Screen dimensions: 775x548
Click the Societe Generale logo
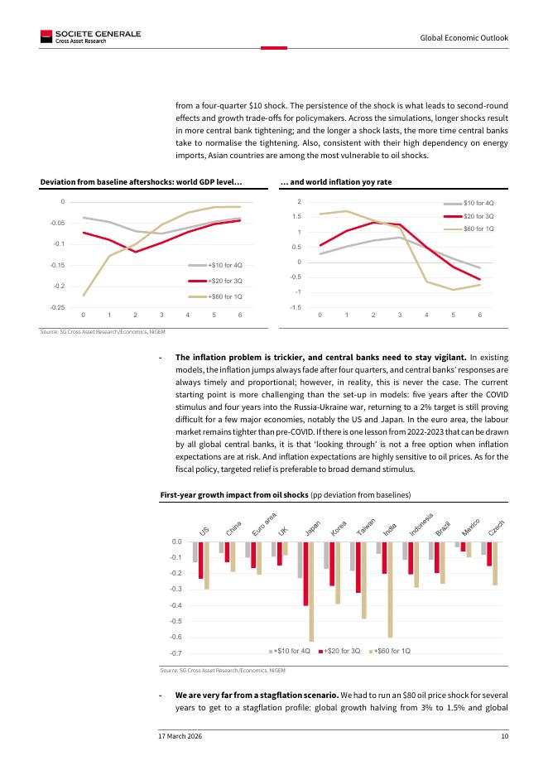pos(90,36)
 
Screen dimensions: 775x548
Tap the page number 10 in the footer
pos(504,736)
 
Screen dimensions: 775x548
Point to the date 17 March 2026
pos(180,736)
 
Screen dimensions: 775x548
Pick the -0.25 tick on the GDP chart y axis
pos(57,307)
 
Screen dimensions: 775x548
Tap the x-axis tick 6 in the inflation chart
pos(480,315)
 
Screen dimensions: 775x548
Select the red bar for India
pos(384,557)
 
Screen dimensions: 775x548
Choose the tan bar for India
pos(390,589)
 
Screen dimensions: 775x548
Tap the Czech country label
pos(497,527)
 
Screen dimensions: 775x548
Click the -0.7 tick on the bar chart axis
pos(176,654)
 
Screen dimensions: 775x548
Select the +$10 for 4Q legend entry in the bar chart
pos(289,651)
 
